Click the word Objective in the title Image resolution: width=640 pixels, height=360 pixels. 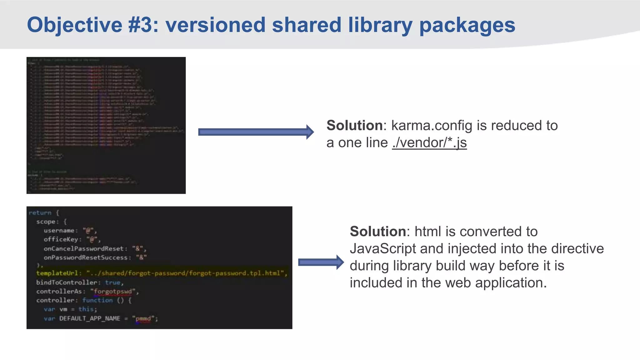point(74,25)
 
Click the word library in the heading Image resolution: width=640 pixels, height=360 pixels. point(380,25)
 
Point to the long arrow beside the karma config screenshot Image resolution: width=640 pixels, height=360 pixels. point(256,132)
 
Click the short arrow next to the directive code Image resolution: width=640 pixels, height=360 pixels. point(321,262)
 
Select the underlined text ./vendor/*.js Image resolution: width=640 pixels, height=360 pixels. point(429,143)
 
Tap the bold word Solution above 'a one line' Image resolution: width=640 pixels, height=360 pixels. point(354,126)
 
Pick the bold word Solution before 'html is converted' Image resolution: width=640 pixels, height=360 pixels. point(377,232)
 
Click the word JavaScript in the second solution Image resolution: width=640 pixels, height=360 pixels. point(383,249)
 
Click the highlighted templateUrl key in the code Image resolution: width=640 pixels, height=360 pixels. point(57,273)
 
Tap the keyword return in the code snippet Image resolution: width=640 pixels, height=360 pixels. point(40,213)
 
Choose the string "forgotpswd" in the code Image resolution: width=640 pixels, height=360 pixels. point(113,292)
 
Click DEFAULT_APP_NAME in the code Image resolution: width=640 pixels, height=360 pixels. point(90,318)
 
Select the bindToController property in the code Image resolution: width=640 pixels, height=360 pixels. point(67,282)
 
